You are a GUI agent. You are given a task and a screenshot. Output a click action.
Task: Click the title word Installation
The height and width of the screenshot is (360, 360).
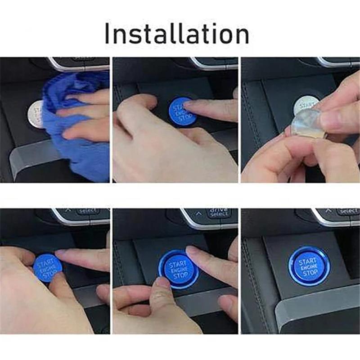click(x=177, y=33)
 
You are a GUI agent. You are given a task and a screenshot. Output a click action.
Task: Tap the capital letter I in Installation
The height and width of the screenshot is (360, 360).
click(x=108, y=33)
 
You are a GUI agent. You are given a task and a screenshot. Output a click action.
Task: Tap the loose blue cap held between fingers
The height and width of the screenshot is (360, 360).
click(x=47, y=268)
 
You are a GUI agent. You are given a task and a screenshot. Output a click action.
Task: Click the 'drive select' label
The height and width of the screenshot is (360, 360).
click(x=218, y=212)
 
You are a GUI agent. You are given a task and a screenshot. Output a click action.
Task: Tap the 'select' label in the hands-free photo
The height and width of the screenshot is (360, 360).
click(x=348, y=211)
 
